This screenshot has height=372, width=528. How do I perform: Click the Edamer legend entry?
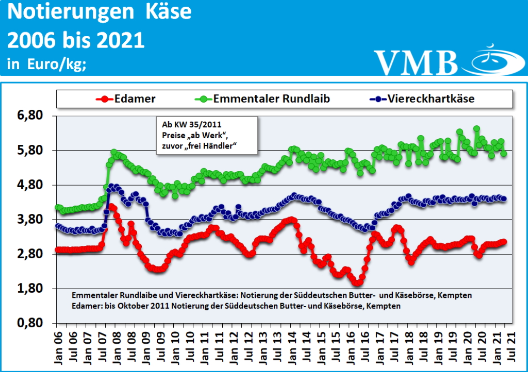(x=133, y=98)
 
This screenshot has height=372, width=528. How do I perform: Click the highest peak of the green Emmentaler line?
(x=476, y=129)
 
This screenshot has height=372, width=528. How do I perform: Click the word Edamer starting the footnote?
(x=86, y=306)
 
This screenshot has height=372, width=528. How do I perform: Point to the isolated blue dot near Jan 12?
(x=238, y=207)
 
